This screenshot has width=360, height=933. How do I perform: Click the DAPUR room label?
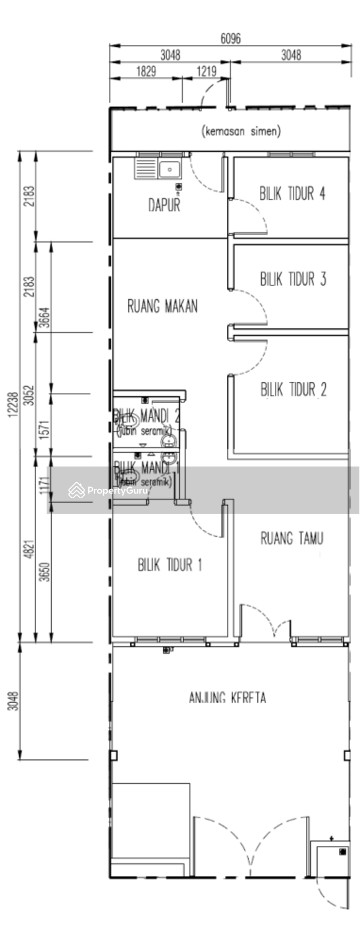coord(164,206)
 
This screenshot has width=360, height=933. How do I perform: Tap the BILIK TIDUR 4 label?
coord(292,193)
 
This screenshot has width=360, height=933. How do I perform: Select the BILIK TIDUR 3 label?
coord(292,279)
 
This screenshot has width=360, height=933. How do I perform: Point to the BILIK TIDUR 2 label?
coord(293,390)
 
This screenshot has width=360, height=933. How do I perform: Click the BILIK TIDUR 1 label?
coord(169,565)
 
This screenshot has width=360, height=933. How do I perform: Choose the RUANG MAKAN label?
coord(162,306)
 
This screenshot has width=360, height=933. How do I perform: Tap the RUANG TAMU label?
coord(291,538)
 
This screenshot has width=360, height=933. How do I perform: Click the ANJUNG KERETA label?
coord(227,698)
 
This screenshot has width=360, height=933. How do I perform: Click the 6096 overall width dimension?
coord(231,38)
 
